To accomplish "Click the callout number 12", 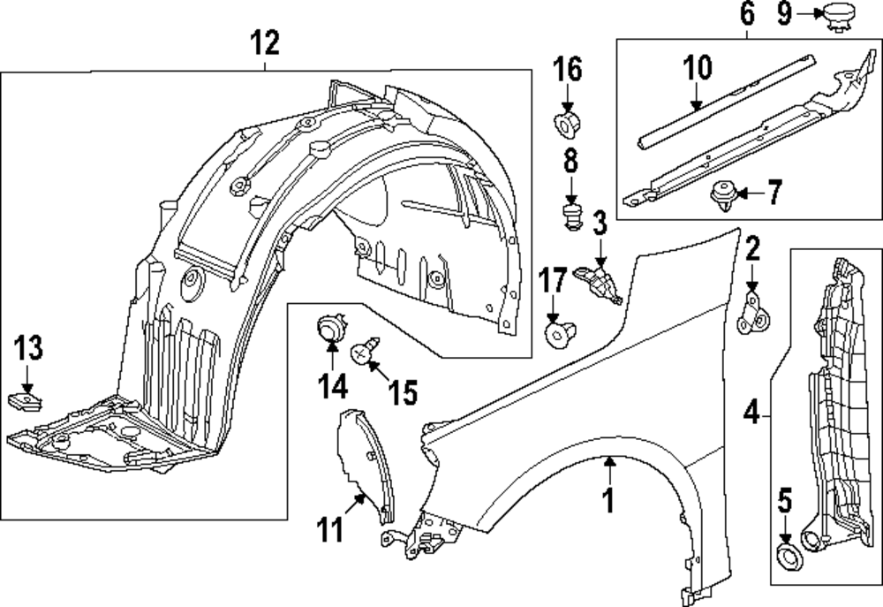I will (x=266, y=42).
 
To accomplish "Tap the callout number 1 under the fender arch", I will (x=608, y=500).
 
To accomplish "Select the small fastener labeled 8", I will (x=570, y=215).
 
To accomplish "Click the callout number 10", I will (x=697, y=67).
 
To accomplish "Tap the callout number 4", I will (x=751, y=411).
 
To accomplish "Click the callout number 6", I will (x=747, y=13).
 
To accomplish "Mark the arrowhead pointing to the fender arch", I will (x=608, y=459).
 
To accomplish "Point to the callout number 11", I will (x=328, y=532).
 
